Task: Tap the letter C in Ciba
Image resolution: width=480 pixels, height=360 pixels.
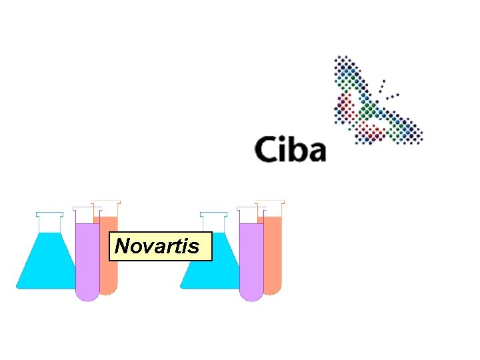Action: (x=265, y=149)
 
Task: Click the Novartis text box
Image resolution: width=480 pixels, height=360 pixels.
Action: (x=160, y=246)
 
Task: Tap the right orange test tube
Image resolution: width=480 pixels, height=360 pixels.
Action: (x=273, y=253)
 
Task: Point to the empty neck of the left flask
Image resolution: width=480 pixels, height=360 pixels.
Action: (x=49, y=223)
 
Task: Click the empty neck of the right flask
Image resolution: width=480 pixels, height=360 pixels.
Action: (x=213, y=223)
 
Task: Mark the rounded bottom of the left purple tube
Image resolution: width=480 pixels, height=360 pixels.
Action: (x=87, y=294)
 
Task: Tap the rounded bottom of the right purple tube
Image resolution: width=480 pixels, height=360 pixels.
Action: (x=251, y=294)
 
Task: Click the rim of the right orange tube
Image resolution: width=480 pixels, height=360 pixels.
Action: (x=270, y=201)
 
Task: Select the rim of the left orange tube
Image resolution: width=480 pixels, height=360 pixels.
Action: (x=106, y=201)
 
